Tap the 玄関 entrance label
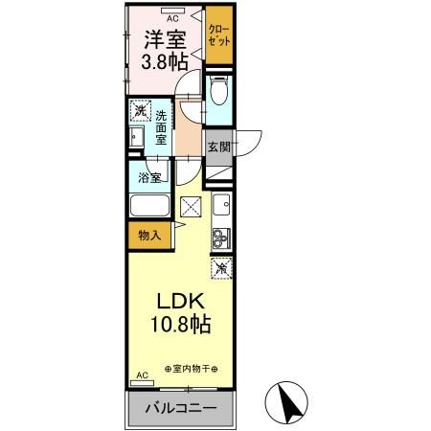217,147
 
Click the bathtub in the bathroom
148,208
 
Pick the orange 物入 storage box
149,234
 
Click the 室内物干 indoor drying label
191,367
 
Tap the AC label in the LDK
143,375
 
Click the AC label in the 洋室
172,18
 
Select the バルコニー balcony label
181,409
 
